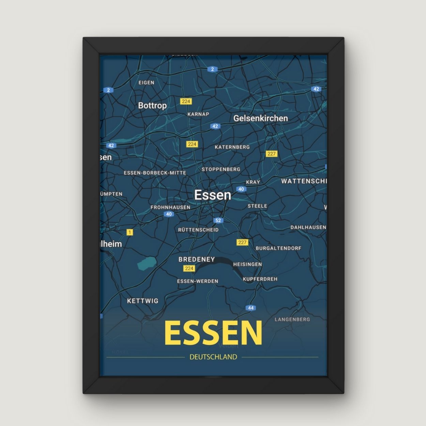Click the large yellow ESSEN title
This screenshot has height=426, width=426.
213,333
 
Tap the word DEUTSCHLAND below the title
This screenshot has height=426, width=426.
213,357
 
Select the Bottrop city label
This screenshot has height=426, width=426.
152,105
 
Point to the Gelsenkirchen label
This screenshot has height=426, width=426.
260,118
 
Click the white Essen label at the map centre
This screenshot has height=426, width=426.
213,195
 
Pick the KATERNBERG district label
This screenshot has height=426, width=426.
232,147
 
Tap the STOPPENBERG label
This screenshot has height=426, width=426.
221,169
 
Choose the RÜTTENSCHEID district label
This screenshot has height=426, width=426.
198,230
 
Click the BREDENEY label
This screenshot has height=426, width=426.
197,259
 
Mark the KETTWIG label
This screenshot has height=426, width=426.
142,301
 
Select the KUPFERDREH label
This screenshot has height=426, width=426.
260,279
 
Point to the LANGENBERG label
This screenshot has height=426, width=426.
292,319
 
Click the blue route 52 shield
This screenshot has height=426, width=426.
218,220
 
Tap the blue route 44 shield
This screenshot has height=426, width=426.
251,308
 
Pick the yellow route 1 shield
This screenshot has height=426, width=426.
130,232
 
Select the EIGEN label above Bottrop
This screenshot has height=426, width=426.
146,82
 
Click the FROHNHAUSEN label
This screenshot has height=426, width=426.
170,207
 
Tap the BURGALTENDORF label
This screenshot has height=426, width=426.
278,248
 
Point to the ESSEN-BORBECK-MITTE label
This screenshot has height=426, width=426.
155,173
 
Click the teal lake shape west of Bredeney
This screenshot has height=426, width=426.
147,263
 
